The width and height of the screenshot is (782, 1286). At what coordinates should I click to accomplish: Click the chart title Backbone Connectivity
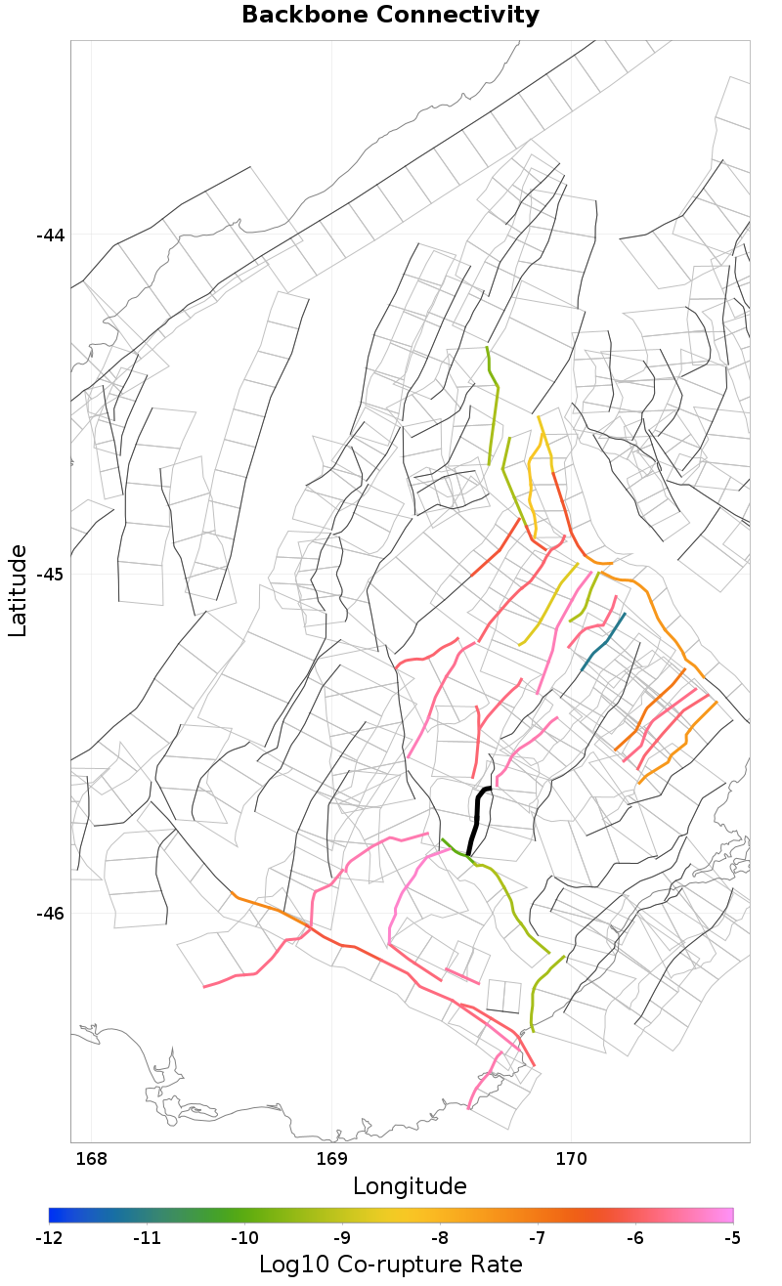click(390, 16)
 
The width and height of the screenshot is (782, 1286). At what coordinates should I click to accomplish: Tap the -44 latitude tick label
click(50, 236)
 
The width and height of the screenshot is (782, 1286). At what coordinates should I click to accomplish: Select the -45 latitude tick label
click(50, 574)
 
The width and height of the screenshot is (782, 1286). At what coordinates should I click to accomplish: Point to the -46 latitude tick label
click(50, 913)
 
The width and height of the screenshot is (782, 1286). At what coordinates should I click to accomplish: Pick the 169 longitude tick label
click(332, 1159)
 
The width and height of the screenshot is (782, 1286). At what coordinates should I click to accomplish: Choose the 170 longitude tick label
click(571, 1159)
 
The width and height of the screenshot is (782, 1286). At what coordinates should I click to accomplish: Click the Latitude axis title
click(18, 591)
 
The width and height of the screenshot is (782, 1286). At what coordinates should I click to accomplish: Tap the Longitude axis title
click(410, 1186)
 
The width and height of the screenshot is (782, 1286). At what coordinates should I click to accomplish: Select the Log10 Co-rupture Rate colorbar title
click(390, 1265)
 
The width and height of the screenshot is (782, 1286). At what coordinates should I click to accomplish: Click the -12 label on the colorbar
click(49, 1238)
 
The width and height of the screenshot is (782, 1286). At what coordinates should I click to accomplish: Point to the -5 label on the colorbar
click(732, 1238)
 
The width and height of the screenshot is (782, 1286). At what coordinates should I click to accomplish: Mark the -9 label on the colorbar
click(342, 1238)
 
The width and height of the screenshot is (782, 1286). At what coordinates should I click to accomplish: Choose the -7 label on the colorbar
click(537, 1238)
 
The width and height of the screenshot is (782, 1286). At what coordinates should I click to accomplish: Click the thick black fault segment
click(477, 816)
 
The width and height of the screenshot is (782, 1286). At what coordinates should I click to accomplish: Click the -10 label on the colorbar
click(244, 1238)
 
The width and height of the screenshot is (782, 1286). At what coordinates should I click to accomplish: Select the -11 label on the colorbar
click(147, 1238)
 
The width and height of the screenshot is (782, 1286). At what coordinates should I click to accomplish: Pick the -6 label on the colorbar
click(634, 1238)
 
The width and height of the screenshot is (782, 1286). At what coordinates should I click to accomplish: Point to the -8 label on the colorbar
click(439, 1238)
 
